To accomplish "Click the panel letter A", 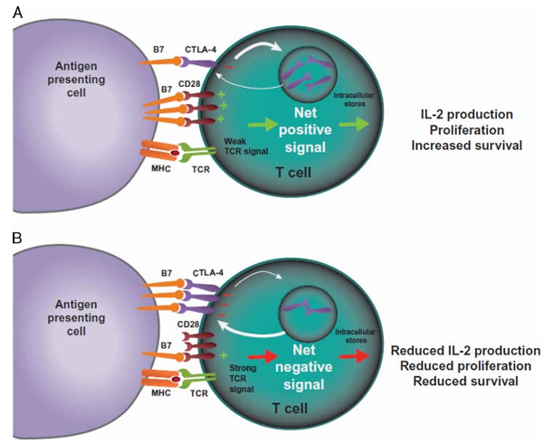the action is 18,13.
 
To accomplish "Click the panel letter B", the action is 17,238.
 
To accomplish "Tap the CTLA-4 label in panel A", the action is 200,50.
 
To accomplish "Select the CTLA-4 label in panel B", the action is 208,273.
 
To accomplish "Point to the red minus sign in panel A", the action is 229,67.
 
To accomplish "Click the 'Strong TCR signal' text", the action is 243,379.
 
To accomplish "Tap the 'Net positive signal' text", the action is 305,130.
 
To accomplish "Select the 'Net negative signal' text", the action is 304,367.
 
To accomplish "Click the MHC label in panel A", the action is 161,169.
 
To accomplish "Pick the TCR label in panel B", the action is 199,393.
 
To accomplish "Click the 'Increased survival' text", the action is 466,146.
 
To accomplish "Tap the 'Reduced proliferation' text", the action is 466,366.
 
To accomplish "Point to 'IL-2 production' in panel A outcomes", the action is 467,115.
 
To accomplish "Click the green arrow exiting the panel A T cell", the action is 354,125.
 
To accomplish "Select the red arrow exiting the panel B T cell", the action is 354,357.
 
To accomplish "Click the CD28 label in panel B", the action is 188,325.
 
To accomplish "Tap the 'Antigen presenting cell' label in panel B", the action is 76,317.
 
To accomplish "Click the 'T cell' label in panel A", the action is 293,172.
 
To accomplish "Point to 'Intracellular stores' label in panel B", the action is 356,336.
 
